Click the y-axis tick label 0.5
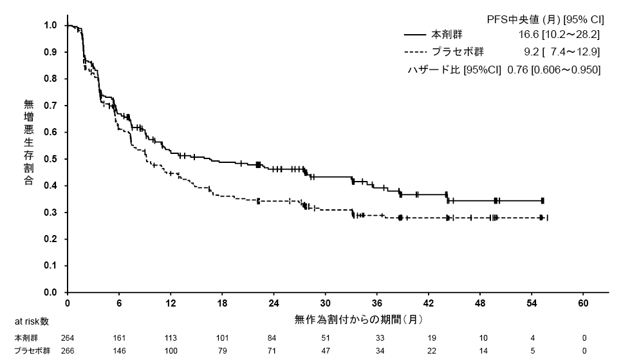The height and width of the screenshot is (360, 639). (50, 159)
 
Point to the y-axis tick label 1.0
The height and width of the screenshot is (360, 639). (50, 25)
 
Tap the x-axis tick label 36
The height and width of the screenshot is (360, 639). (377, 303)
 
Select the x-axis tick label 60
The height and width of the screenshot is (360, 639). (584, 303)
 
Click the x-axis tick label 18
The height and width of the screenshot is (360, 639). (222, 303)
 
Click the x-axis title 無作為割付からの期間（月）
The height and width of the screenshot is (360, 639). (358, 319)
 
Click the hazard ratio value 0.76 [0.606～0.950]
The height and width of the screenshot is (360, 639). (553, 70)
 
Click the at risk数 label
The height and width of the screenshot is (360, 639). (32, 321)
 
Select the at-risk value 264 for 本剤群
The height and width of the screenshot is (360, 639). (68, 337)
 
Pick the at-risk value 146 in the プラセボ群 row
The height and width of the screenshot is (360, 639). (119, 351)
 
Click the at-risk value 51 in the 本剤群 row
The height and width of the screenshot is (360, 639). (326, 337)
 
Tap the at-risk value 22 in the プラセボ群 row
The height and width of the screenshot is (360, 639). (429, 351)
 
